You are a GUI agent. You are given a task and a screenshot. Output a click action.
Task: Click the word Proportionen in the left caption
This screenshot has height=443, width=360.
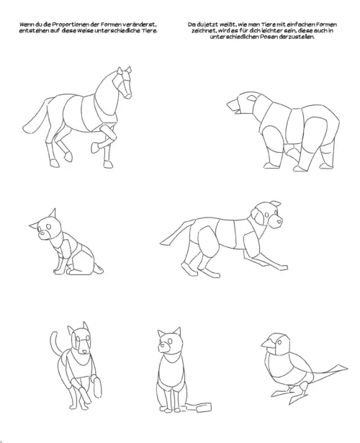pyautogui.click(x=66, y=24)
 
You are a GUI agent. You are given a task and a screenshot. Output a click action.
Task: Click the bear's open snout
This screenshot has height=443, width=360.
pyautogui.click(x=233, y=107)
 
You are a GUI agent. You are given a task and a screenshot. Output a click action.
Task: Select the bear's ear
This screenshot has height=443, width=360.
pyautogui.click(x=252, y=98)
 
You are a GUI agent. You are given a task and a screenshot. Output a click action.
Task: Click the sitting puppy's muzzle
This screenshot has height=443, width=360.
pyautogui.click(x=43, y=234)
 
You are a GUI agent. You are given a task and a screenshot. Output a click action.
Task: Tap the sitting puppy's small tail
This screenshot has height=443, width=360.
pyautogui.click(x=98, y=269)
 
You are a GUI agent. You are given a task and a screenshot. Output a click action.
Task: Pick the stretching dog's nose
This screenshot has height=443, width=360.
pyautogui.click(x=279, y=221)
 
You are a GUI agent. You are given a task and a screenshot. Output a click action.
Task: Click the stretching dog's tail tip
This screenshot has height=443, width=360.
pyautogui.click(x=163, y=243)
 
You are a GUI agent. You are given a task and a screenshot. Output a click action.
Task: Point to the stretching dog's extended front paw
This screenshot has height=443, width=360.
pyautogui.click(x=281, y=267)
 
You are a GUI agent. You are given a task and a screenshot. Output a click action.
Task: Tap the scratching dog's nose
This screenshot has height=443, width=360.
pyautogui.click(x=85, y=352)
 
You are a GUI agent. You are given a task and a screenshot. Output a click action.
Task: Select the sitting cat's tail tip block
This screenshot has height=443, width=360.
pyautogui.click(x=204, y=408)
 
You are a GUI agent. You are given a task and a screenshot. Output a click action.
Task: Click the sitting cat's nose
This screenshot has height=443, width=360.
pyautogui.click(x=162, y=345)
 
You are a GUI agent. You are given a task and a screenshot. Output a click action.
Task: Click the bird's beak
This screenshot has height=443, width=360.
pyautogui.click(x=268, y=343)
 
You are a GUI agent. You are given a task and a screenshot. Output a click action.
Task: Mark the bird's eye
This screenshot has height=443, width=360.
pyautogui.click(x=279, y=342)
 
